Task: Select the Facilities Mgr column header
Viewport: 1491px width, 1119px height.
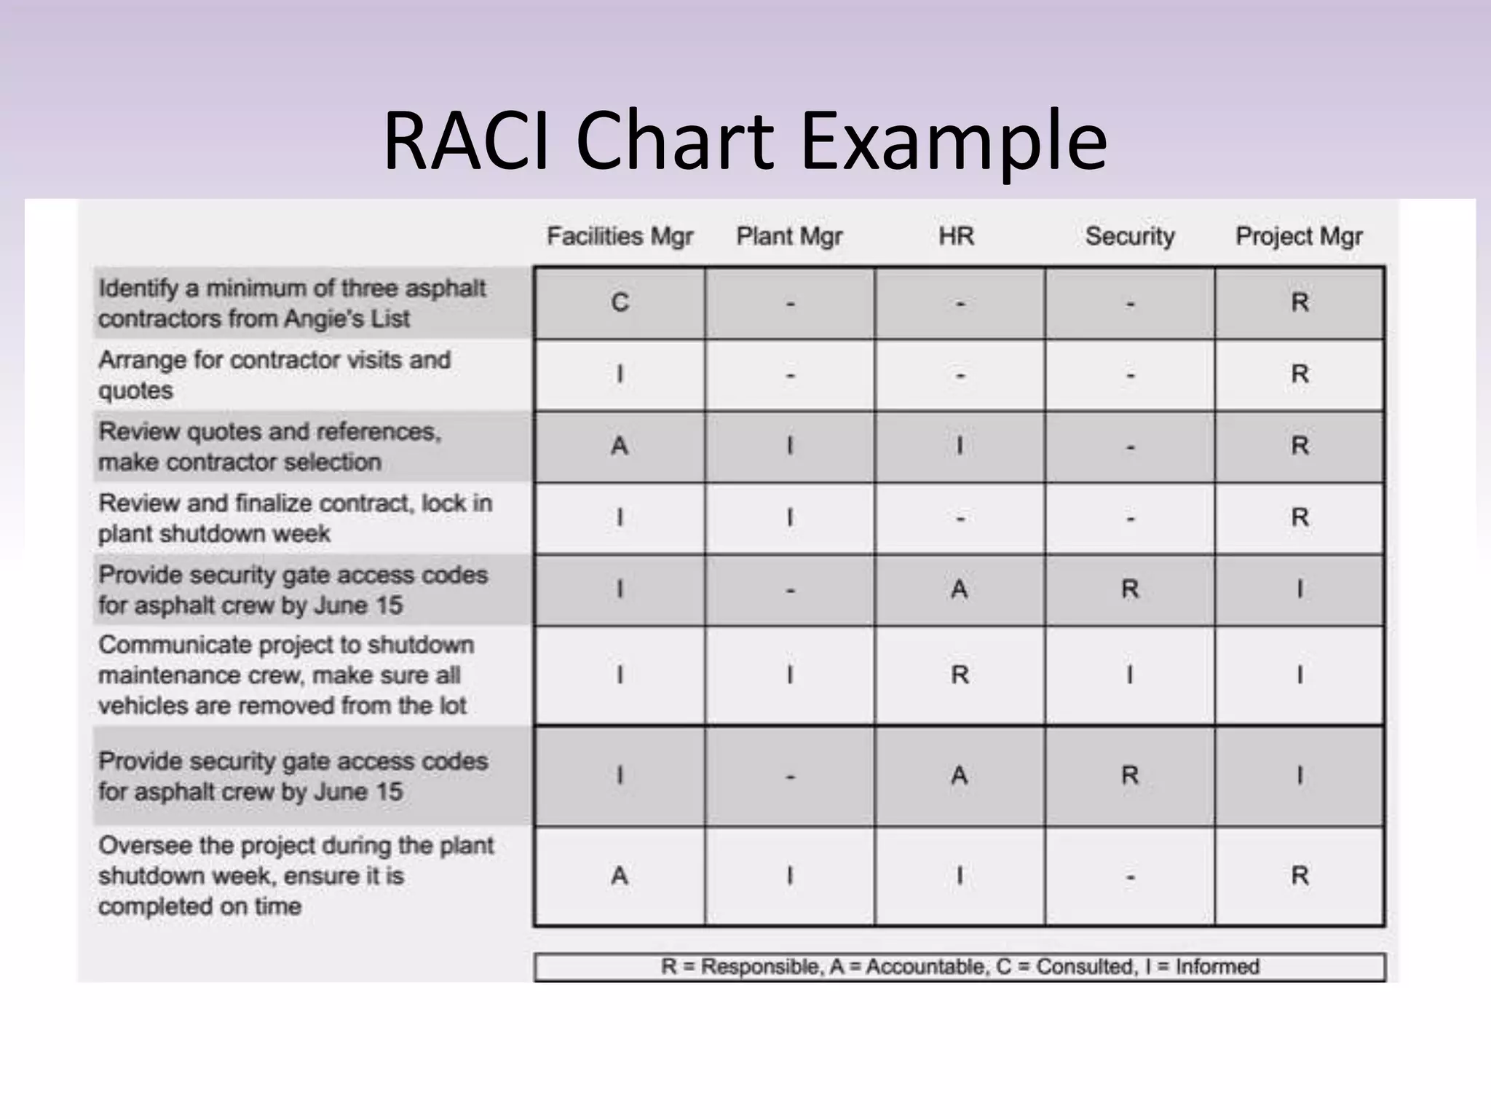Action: coord(620,236)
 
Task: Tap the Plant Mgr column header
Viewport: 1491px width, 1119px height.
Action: coord(789,236)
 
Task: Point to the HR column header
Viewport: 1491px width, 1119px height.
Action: coord(956,236)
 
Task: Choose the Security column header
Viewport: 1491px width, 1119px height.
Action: coord(1130,236)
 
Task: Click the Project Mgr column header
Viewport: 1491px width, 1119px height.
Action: coord(1299,236)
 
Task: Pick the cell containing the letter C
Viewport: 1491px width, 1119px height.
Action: coord(620,302)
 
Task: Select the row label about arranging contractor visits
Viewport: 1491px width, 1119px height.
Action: coord(274,374)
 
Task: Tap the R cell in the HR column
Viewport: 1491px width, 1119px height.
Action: coord(960,675)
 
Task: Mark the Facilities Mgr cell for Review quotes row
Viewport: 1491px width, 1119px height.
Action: coord(620,446)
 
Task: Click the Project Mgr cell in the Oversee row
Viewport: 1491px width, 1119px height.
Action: coord(1300,876)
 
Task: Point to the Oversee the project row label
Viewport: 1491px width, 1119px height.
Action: coord(295,876)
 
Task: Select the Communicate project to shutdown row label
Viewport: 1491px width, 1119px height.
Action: coord(285,675)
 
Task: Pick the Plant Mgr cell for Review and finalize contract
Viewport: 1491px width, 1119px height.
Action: coord(790,518)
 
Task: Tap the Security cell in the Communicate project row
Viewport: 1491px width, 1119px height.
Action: coord(1130,675)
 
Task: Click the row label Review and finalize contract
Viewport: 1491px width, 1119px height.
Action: coord(295,518)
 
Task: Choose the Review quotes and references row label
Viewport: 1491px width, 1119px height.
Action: coord(269,447)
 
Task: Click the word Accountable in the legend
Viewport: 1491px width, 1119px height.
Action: coord(927,967)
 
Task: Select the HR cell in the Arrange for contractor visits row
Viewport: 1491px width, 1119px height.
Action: coord(960,375)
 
